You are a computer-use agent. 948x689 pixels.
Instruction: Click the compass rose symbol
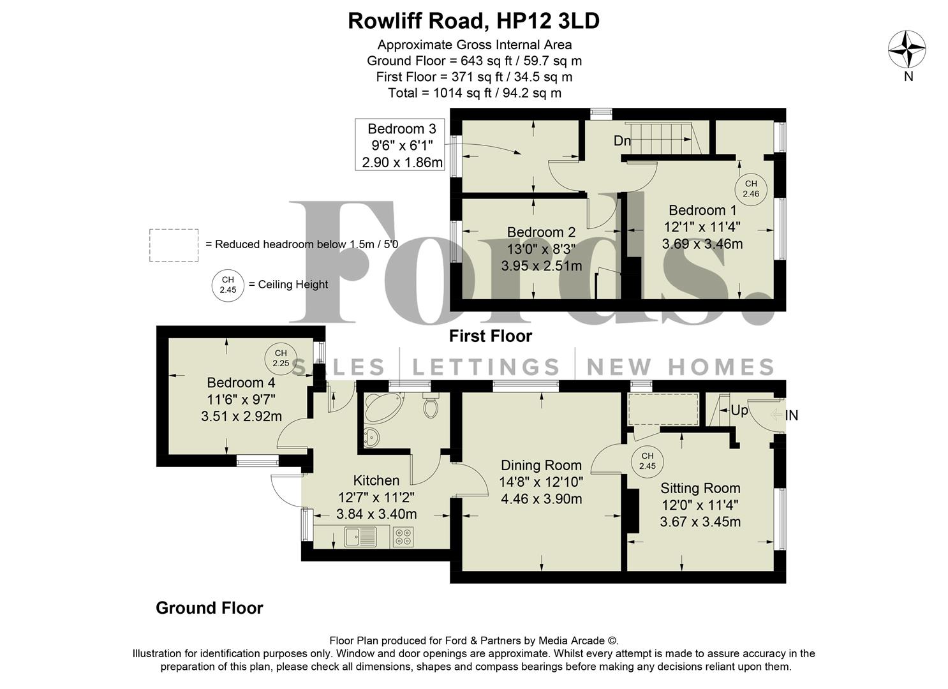point(907,50)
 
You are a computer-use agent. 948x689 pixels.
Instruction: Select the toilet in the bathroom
point(431,406)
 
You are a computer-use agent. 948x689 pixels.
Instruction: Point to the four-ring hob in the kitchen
point(403,538)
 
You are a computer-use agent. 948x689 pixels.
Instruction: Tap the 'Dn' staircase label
point(622,141)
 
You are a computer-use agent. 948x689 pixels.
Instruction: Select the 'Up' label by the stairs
point(739,411)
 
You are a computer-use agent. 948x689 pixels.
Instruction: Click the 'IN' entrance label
point(791,416)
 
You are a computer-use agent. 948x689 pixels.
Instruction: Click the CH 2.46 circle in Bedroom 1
point(751,188)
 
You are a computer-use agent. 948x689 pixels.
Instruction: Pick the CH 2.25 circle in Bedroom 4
point(281,358)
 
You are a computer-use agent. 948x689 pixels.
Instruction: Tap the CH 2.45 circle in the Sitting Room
point(647,461)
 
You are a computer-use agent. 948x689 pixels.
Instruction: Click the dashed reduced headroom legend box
point(174,245)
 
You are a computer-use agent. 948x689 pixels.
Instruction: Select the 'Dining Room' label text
point(541,466)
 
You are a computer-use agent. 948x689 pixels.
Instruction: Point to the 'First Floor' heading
point(490,336)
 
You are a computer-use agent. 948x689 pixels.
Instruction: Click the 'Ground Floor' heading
point(209,608)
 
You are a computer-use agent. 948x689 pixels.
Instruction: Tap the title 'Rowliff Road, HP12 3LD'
point(473,21)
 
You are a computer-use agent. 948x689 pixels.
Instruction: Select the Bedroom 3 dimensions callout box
point(401,145)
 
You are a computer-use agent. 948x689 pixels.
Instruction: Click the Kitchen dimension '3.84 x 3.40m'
point(376,514)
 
